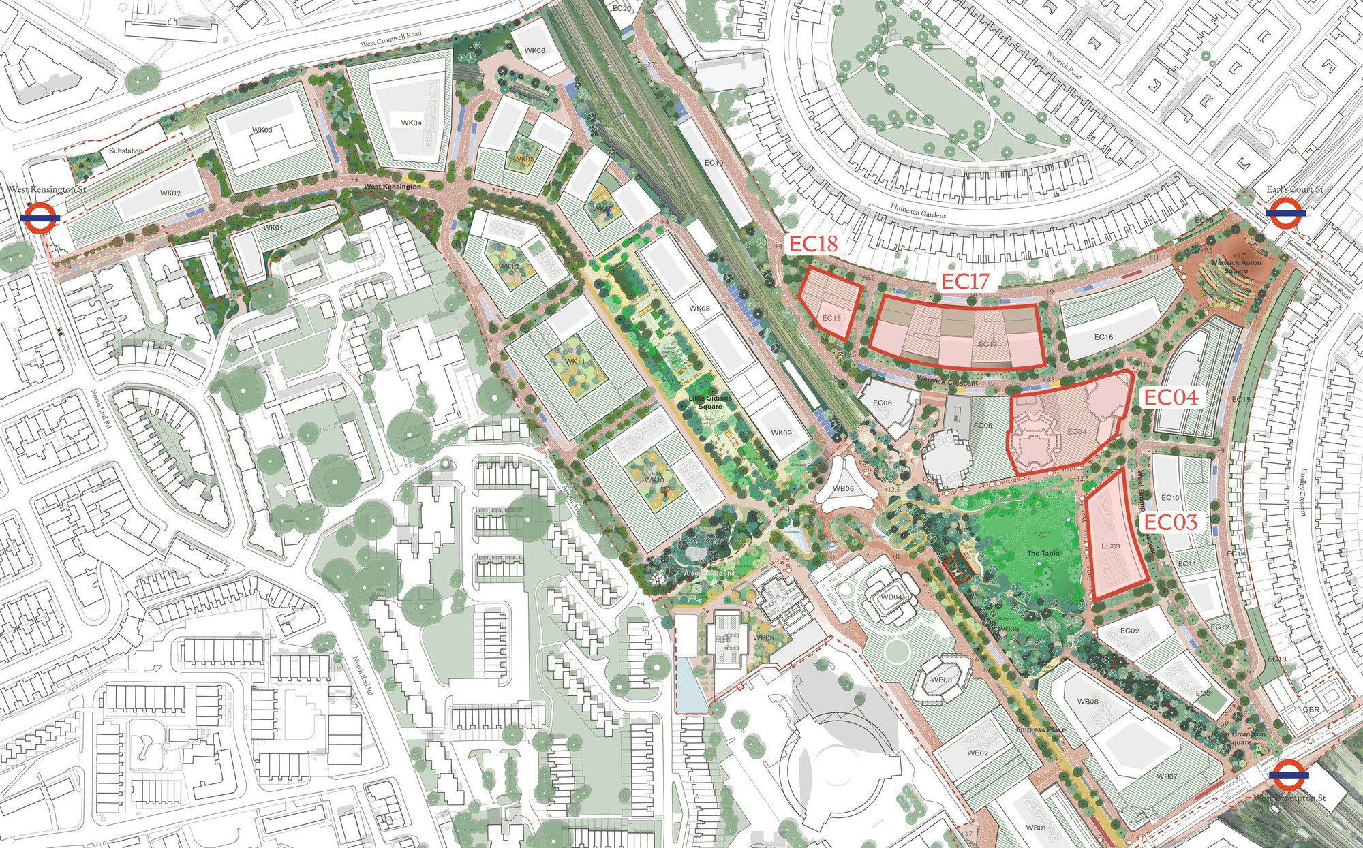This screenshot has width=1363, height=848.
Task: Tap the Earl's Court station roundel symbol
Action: click(x=1286, y=213)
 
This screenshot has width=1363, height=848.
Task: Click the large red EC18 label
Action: click(x=814, y=245)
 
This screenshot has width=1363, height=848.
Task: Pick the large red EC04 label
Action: click(x=1169, y=398)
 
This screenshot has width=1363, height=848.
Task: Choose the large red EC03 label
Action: click(x=1169, y=522)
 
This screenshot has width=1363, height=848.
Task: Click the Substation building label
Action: click(x=126, y=151)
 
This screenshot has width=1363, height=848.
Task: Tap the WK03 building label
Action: click(x=262, y=130)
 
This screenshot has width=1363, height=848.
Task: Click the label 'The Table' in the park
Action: click(x=1043, y=554)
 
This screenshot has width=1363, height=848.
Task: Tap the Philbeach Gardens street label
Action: click(x=918, y=210)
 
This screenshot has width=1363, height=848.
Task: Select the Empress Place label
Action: click(x=1040, y=730)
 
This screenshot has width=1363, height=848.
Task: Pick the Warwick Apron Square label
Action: click(x=1236, y=266)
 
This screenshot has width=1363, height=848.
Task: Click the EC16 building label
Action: click(x=1103, y=337)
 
